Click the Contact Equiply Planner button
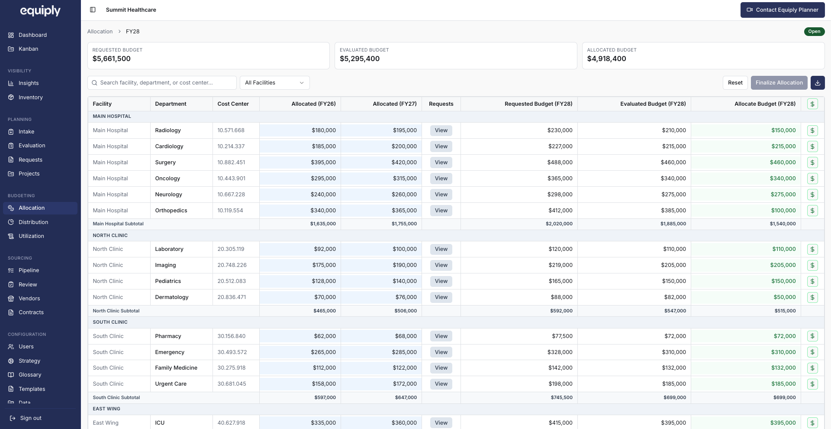[783, 10]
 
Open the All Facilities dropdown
[275, 83]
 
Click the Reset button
[735, 83]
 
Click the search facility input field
[162, 83]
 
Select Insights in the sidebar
[29, 83]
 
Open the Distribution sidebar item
[33, 222]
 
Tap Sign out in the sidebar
[31, 418]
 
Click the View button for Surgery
[441, 162]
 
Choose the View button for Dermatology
[441, 297]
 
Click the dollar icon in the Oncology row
[812, 179]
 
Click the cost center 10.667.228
[231, 195]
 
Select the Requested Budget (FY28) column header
[538, 104]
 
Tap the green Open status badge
[814, 32]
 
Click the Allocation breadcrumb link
[100, 32]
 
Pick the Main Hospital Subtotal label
[118, 224]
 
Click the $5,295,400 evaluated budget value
[360, 59]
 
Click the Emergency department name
[170, 352]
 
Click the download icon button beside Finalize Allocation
[818, 83]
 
